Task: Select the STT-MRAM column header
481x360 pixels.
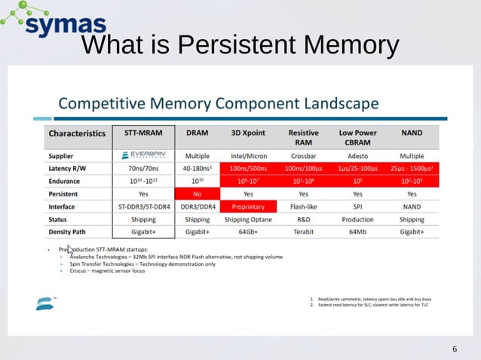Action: (x=144, y=133)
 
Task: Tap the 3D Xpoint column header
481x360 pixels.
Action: (x=248, y=133)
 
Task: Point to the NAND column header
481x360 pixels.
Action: (x=412, y=133)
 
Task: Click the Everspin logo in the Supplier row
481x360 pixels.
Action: (x=144, y=156)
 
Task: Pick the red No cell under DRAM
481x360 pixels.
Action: (x=197, y=194)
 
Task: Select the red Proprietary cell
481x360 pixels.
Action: (x=248, y=206)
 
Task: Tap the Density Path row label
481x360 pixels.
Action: (x=73, y=232)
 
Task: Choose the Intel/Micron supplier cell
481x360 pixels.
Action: (x=248, y=156)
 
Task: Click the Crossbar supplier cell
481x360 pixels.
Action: (x=303, y=156)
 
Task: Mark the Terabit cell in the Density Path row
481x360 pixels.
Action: (x=303, y=232)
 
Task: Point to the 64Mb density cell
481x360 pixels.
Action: (x=357, y=232)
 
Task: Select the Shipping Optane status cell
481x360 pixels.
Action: (x=248, y=219)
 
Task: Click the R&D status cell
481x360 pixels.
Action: (x=303, y=219)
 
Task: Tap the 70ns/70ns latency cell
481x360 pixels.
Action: (x=144, y=168)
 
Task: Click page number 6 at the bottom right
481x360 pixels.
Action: (x=455, y=349)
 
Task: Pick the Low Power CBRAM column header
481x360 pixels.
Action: (x=357, y=137)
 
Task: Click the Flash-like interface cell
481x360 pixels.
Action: (x=303, y=206)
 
